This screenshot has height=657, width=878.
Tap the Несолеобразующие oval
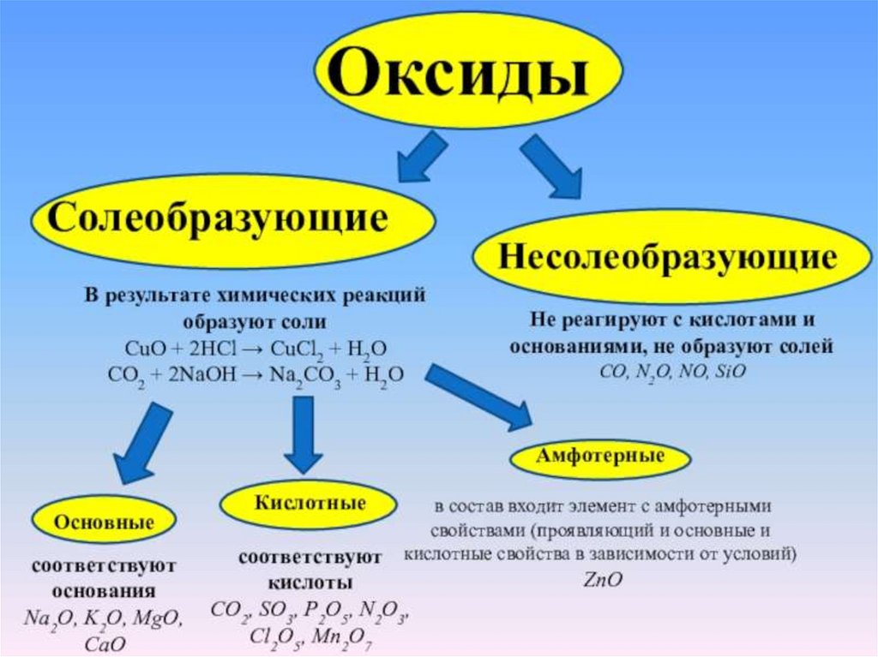[660, 256]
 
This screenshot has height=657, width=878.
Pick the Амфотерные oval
[600, 457]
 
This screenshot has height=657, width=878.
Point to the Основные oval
[104, 522]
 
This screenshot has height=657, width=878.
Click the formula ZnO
[602, 580]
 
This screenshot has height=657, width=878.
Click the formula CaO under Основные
[106, 642]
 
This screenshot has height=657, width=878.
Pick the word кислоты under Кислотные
[310, 583]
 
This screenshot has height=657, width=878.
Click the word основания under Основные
[104, 591]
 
